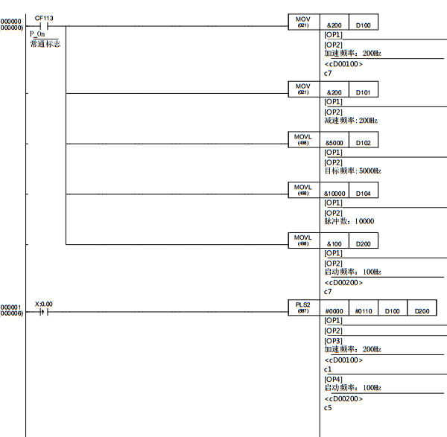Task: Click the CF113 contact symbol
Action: click(x=43, y=26)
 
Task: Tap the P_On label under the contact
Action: click(x=37, y=34)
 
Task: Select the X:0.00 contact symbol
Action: click(x=43, y=313)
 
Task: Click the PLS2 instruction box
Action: click(x=303, y=308)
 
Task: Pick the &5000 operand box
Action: click(x=334, y=141)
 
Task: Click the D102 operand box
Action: click(x=363, y=141)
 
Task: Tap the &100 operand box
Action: click(x=334, y=243)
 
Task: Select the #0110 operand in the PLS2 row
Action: click(x=363, y=310)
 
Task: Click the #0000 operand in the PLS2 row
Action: click(x=334, y=310)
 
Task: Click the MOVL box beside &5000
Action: click(x=303, y=139)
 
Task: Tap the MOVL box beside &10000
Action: click(x=303, y=190)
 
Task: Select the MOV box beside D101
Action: click(x=303, y=89)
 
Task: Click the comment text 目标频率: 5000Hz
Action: click(x=352, y=171)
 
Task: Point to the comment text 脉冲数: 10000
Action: click(x=349, y=221)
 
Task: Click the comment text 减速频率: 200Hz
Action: click(x=352, y=121)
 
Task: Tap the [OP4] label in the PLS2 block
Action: click(x=333, y=379)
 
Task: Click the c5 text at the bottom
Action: click(x=328, y=408)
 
